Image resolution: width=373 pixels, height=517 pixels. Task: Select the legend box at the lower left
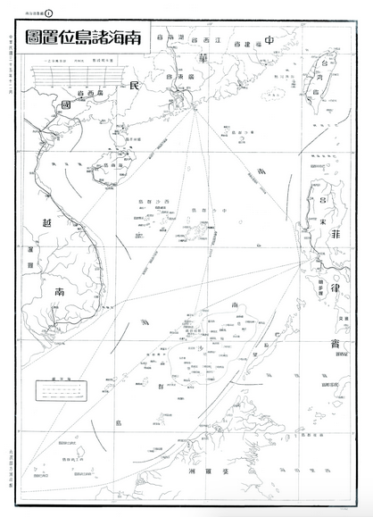(x=56, y=390)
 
